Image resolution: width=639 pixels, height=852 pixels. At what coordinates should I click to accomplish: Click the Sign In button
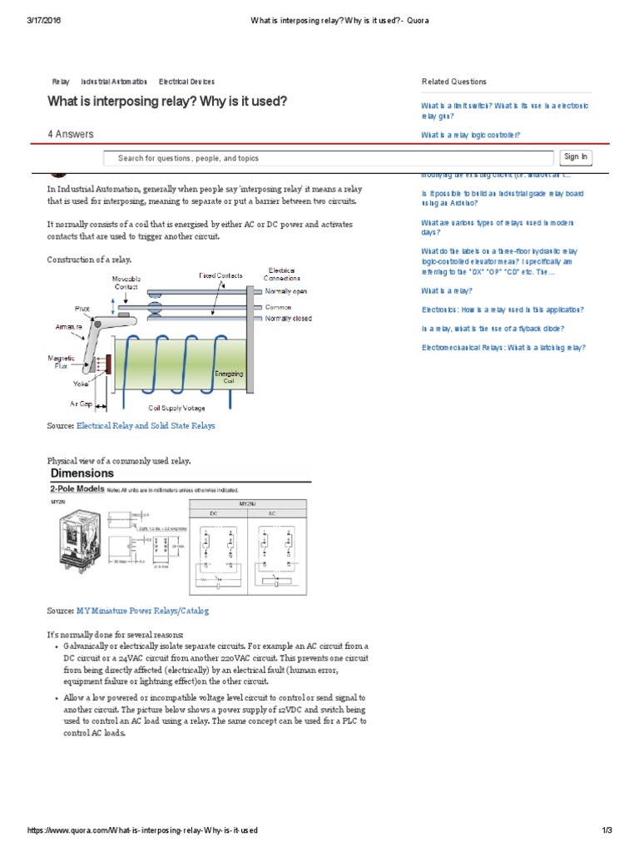pyautogui.click(x=575, y=156)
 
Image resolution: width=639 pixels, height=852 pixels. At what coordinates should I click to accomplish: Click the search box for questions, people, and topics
pyautogui.click(x=328, y=158)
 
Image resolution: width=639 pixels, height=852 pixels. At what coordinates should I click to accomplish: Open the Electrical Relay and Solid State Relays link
pyautogui.click(x=146, y=425)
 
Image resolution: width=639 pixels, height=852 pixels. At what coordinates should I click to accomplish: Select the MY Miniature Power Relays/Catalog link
pyautogui.click(x=142, y=610)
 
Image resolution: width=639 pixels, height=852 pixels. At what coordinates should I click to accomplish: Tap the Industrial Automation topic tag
pyautogui.click(x=114, y=82)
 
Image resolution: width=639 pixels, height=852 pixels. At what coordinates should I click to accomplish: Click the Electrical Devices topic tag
pyautogui.click(x=186, y=82)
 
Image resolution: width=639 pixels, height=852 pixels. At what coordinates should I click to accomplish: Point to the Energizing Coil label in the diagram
pyautogui.click(x=229, y=377)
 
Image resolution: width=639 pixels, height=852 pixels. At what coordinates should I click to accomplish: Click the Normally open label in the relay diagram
pyautogui.click(x=287, y=291)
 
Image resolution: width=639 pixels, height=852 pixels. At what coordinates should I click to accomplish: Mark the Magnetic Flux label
pyautogui.click(x=62, y=359)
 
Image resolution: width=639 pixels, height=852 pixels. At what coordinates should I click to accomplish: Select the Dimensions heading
pyautogui.click(x=83, y=473)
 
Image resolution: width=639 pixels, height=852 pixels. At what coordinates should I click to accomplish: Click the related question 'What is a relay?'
pyautogui.click(x=446, y=290)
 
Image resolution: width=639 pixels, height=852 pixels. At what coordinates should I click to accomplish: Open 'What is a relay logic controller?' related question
pyautogui.click(x=470, y=135)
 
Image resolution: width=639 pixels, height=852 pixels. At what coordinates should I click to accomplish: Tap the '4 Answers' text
pyautogui.click(x=71, y=134)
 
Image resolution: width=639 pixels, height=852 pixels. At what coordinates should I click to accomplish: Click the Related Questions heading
pyautogui.click(x=454, y=82)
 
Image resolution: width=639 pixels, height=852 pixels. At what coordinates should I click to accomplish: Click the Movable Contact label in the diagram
pyautogui.click(x=126, y=281)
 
